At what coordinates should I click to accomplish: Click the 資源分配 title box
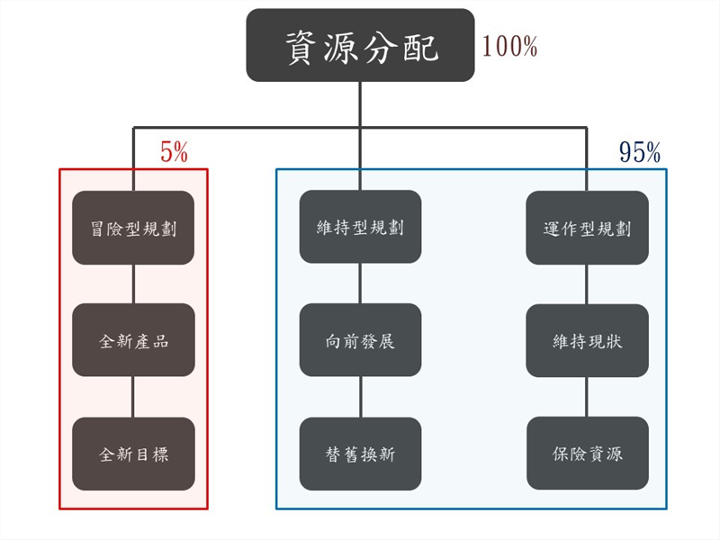coord(360,45)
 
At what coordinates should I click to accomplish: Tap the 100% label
coord(509,46)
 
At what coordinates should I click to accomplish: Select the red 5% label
coord(174,153)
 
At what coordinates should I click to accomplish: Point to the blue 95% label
coord(640,153)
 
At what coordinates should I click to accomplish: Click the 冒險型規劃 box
coord(133,228)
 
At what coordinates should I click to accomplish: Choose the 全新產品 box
coord(133,340)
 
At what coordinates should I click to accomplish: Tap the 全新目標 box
coord(133,454)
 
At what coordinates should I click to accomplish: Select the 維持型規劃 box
coord(360,227)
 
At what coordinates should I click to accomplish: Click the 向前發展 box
coord(360,340)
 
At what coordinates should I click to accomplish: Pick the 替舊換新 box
coord(360,454)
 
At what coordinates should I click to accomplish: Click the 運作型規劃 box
coord(587,228)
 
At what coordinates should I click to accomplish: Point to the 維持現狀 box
coord(587,340)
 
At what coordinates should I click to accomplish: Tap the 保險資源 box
coord(587,454)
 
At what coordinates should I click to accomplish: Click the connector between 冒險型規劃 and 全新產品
coord(133,283)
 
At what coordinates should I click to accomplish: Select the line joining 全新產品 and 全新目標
coord(133,397)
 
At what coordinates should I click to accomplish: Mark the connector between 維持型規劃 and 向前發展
coord(360,283)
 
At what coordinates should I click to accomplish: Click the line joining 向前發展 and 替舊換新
coord(360,397)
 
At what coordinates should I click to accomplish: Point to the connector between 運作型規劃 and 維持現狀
coord(587,283)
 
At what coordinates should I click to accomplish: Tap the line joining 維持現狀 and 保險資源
coord(587,397)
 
